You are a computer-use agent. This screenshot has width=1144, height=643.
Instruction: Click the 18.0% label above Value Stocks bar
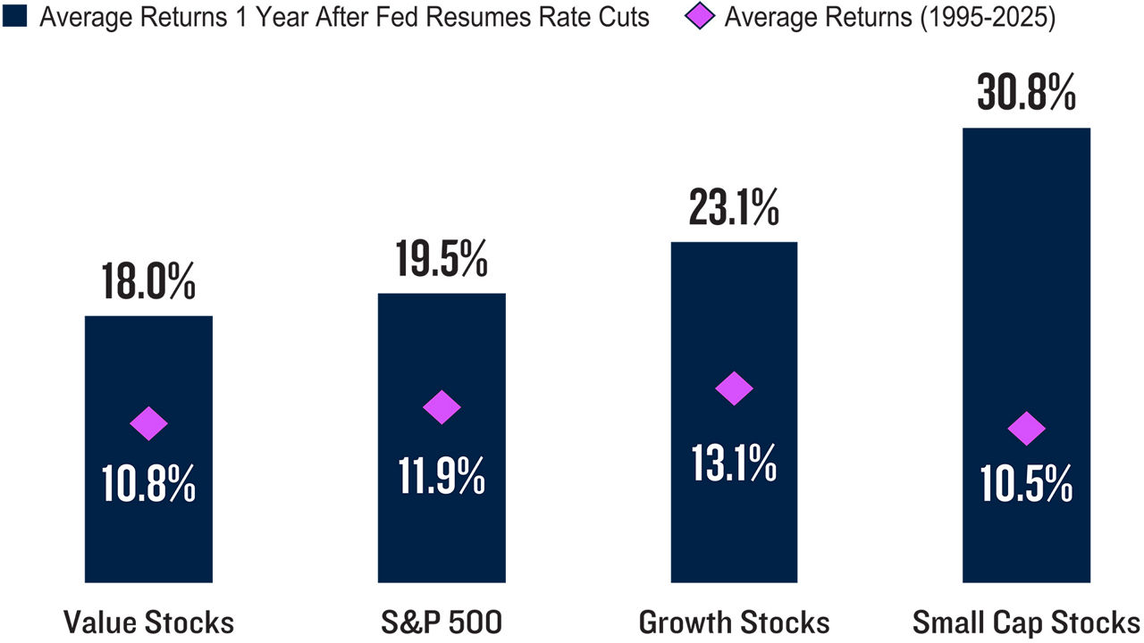148,281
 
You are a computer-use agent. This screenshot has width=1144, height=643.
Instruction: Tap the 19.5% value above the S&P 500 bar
441,260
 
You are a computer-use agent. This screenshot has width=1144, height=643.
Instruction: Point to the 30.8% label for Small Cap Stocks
1025,94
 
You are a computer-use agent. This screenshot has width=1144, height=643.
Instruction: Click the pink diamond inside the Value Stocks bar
148,423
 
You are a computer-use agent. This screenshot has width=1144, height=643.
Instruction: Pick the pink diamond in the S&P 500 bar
441,407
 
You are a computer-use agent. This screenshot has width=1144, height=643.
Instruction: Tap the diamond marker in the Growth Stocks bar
734,388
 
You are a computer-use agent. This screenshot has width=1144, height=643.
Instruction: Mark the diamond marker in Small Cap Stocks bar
1026,430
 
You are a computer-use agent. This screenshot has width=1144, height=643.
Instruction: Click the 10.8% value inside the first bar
148,486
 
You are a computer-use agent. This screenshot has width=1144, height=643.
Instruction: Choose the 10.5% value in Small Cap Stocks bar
1025,486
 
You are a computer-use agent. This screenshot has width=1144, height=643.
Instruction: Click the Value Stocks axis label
148,622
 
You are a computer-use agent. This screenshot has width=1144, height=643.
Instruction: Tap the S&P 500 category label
441,622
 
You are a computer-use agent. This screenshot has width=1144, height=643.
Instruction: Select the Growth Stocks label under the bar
734,622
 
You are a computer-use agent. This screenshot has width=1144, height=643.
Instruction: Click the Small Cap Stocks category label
1026,622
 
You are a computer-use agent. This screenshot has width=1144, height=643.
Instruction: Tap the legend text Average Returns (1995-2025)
889,18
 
